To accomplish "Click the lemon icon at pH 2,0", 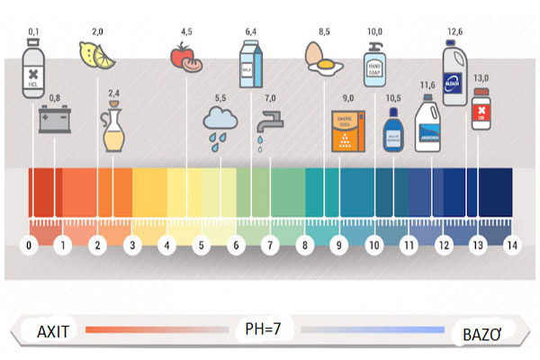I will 97,56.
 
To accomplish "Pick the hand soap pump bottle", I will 374,63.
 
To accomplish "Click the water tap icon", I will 267,122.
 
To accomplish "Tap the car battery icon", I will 54,120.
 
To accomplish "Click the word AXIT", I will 53,330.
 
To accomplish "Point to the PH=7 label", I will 264,329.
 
